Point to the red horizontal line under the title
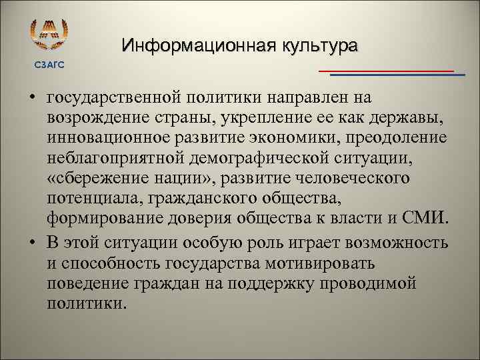click(x=386, y=70)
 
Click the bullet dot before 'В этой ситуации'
click(x=31, y=241)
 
